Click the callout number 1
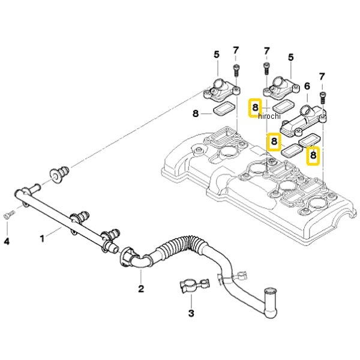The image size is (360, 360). pyautogui.click(x=42, y=239)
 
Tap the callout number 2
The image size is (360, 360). pyautogui.click(x=141, y=289)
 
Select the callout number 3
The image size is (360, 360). pyautogui.click(x=191, y=313)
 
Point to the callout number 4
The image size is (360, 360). pyautogui.click(x=7, y=241)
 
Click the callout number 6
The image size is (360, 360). pyautogui.click(x=307, y=86)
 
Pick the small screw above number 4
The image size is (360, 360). pyautogui.click(x=9, y=214)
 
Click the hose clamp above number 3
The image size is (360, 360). pyautogui.click(x=194, y=286)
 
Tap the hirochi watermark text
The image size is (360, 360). pyautogui.click(x=269, y=116)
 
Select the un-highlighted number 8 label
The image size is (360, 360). pyautogui.click(x=196, y=113)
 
